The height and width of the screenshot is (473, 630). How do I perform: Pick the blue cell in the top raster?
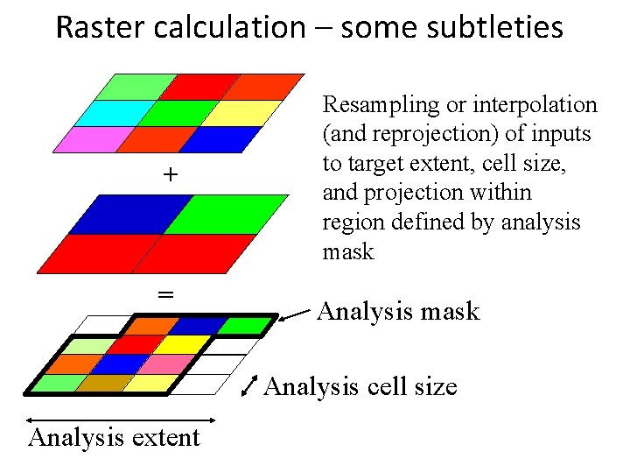coord(215,140)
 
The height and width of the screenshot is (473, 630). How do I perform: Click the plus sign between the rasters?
coord(169,175)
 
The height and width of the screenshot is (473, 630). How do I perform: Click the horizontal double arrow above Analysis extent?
coord(121,420)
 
